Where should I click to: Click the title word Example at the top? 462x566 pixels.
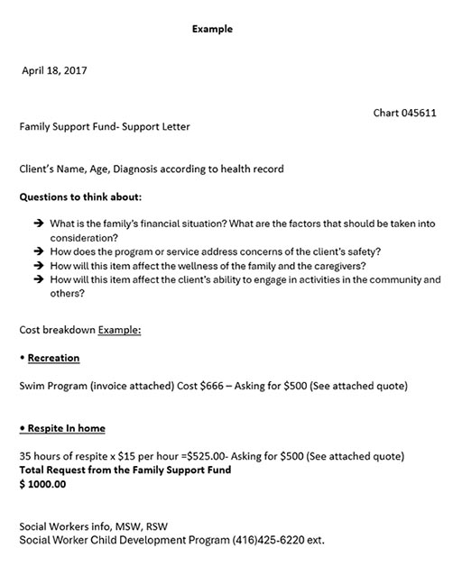click(212, 29)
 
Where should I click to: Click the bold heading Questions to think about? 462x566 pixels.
click(80, 196)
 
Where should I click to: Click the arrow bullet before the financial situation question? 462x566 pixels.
click(38, 223)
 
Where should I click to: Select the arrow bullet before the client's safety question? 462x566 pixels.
click(38, 251)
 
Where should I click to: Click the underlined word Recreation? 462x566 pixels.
click(53, 358)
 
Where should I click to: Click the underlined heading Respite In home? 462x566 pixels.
click(66, 427)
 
